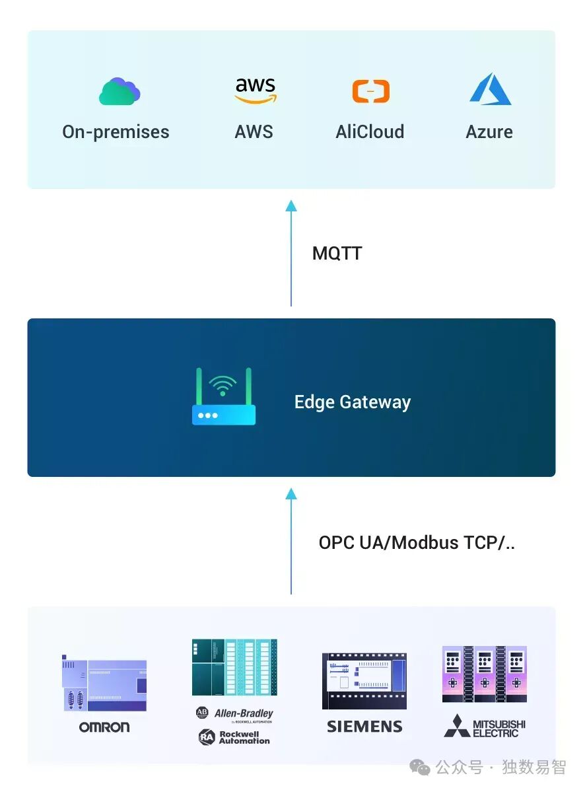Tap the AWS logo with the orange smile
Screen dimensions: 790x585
(x=255, y=91)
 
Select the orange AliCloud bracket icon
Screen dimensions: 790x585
(x=370, y=91)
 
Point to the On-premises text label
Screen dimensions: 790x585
(x=116, y=132)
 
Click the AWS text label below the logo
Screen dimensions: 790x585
(x=254, y=132)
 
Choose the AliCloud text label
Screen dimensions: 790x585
(x=370, y=132)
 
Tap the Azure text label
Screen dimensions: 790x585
(x=489, y=132)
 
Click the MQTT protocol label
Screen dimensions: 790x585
(x=337, y=254)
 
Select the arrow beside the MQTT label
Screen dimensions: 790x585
(x=291, y=254)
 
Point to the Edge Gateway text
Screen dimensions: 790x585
(x=353, y=402)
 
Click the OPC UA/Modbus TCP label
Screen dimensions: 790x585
(x=417, y=543)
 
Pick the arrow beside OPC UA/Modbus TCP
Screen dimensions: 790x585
(x=291, y=542)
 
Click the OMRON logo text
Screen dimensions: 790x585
(x=104, y=727)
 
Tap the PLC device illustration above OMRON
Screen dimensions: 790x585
(x=104, y=684)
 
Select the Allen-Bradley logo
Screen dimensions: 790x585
(x=234, y=713)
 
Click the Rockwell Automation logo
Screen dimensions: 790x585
(x=234, y=737)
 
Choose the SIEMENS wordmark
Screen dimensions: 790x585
(x=364, y=727)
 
